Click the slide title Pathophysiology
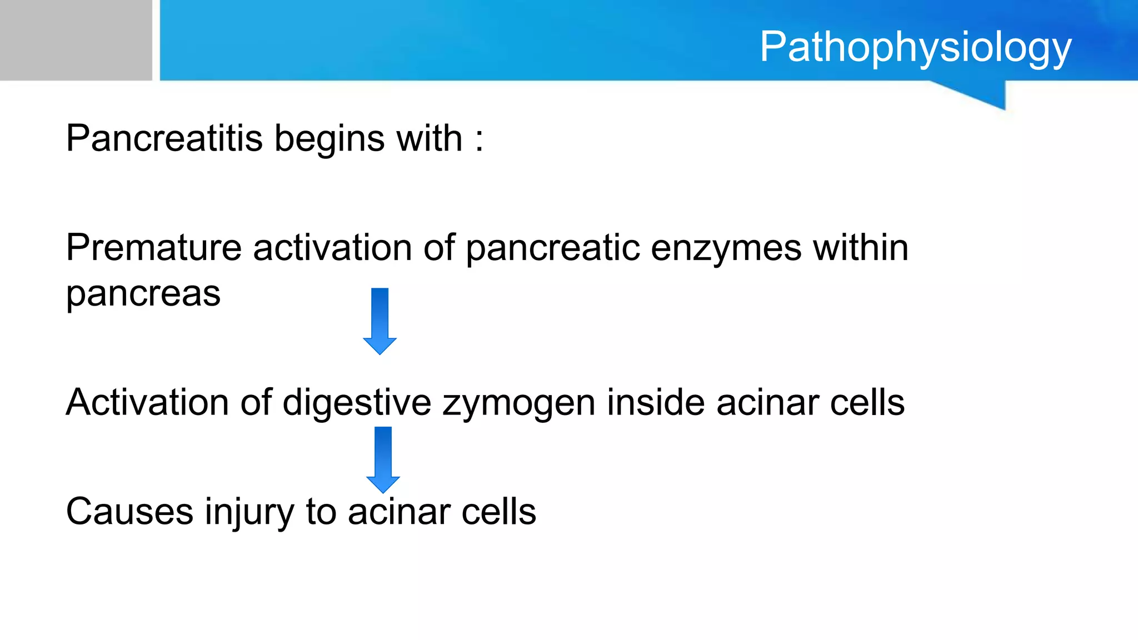click(x=915, y=48)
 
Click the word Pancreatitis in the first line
click(x=164, y=138)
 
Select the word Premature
click(x=153, y=248)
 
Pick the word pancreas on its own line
click(x=143, y=295)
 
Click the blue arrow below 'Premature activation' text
click(x=380, y=321)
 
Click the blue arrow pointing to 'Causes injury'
click(x=383, y=459)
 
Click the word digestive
click(x=357, y=403)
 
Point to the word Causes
click(x=129, y=512)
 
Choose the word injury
click(x=249, y=513)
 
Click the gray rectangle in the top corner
click(x=76, y=40)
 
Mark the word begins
click(x=329, y=139)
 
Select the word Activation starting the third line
click(x=147, y=402)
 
